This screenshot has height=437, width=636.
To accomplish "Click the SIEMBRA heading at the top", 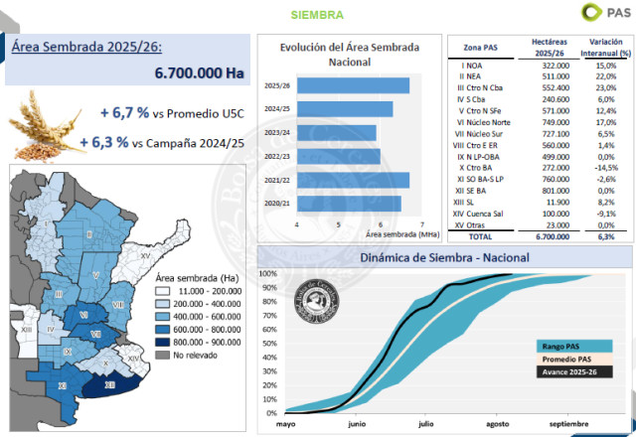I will (x=318, y=15).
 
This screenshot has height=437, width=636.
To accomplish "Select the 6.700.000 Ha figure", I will (x=199, y=73).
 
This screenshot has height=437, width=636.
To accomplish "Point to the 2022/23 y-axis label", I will (x=277, y=156).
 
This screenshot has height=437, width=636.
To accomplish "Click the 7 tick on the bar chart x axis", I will (x=422, y=223).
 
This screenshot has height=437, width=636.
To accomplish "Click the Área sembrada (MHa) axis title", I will (x=402, y=234).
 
